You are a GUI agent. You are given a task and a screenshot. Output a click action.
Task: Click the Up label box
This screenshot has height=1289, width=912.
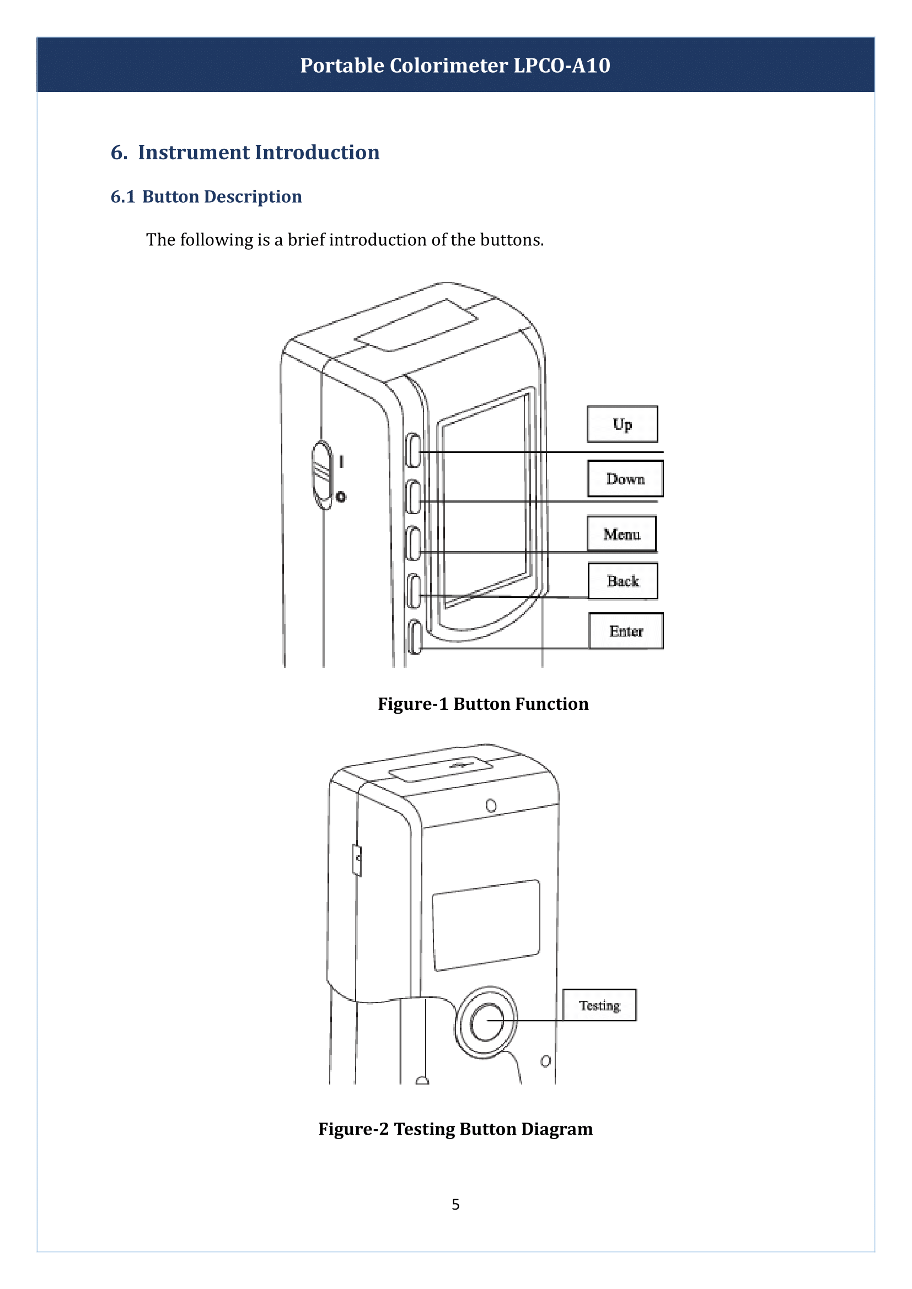click(622, 424)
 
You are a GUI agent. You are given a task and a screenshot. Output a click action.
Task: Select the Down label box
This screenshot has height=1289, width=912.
click(625, 478)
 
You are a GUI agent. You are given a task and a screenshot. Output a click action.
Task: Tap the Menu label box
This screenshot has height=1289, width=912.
click(621, 533)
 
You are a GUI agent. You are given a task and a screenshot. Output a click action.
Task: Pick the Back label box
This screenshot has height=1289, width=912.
click(623, 580)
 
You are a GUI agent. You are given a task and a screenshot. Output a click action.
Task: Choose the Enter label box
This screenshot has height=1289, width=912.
click(626, 631)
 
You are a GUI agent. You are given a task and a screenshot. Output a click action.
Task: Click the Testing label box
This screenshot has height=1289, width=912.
click(599, 1005)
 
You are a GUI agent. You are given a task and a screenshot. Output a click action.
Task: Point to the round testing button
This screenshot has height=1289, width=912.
click(486, 1021)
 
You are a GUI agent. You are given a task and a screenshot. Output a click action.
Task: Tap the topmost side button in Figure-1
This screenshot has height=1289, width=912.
click(414, 450)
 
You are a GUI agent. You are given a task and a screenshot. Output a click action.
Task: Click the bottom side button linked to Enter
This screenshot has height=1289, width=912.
click(415, 637)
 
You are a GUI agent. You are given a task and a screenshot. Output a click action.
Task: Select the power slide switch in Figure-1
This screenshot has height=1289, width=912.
click(323, 474)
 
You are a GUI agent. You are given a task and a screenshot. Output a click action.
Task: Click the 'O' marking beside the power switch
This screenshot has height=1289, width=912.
click(341, 497)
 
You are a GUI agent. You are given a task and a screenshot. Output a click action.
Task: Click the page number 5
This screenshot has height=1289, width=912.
click(455, 1204)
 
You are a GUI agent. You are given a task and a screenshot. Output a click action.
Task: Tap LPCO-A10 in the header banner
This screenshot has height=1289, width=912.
click(561, 66)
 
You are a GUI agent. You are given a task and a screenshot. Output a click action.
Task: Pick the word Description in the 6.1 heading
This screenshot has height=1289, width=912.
click(253, 197)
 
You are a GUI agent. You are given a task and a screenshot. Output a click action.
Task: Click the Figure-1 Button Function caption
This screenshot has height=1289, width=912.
click(483, 704)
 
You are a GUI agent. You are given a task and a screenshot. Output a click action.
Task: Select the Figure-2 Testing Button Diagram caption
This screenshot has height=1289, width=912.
click(455, 1129)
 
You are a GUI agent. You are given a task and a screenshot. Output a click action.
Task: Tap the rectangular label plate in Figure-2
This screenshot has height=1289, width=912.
click(486, 925)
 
